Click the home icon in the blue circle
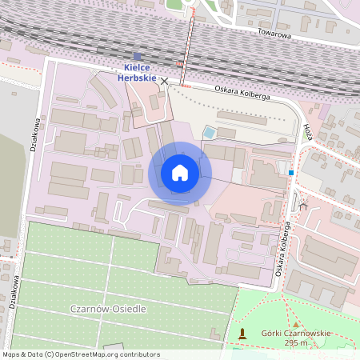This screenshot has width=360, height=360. tap(179, 173)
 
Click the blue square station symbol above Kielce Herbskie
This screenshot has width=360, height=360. tap(137, 57)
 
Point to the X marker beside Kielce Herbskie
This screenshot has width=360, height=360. tap(165, 82)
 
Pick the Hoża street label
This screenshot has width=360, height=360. tap(309, 132)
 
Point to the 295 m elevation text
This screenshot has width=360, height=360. tap(296, 343)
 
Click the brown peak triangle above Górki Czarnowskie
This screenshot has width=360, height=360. tap(296, 322)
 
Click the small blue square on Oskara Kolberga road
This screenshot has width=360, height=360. tap(291, 172)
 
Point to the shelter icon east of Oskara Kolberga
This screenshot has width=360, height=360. tap(303, 206)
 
